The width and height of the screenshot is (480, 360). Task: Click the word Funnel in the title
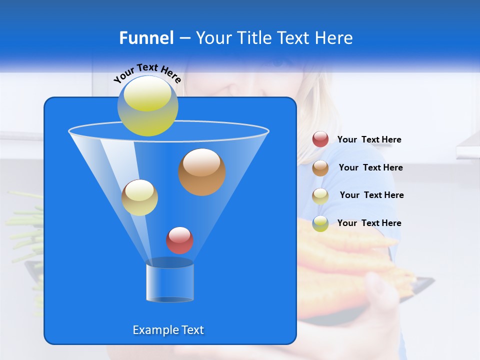pyautogui.click(x=146, y=38)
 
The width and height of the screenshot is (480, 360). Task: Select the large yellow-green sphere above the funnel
pyautogui.click(x=147, y=105)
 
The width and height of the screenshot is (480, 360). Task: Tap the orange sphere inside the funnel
pyautogui.click(x=201, y=171)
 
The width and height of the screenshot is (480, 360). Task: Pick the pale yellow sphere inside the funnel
pyautogui.click(x=139, y=197)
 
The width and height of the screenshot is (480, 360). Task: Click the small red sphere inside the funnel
pyautogui.click(x=179, y=240)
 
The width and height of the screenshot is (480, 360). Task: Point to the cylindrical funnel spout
pyautogui.click(x=170, y=281)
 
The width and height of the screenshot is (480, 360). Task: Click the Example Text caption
pyautogui.click(x=168, y=330)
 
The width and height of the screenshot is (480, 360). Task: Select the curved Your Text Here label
pyautogui.click(x=147, y=72)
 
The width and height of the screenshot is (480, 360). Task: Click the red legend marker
pyautogui.click(x=320, y=139)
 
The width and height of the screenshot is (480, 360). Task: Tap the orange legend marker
pyautogui.click(x=320, y=168)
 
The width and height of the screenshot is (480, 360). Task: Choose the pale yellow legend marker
pyautogui.click(x=320, y=195)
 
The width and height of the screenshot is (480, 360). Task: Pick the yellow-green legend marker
pyautogui.click(x=320, y=223)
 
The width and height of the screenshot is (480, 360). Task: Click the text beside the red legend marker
pyautogui.click(x=369, y=139)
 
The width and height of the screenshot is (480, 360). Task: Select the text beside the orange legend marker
pyautogui.click(x=370, y=167)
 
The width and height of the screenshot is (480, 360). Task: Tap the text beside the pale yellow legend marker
pyautogui.click(x=371, y=195)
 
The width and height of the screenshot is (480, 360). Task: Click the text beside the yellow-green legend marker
pyautogui.click(x=369, y=223)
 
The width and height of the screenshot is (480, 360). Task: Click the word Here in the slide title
pyautogui.click(x=334, y=38)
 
